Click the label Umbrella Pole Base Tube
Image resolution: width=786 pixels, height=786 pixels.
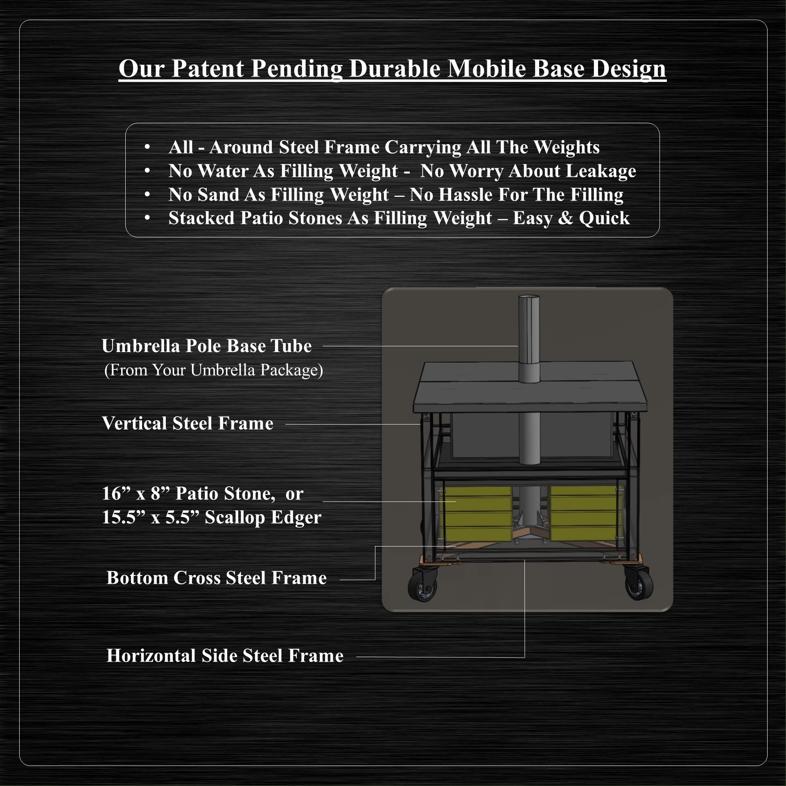pyautogui.click(x=207, y=346)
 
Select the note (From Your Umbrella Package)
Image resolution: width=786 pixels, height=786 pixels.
pyautogui.click(x=214, y=370)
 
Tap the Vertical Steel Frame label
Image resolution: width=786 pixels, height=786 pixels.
pyautogui.click(x=187, y=423)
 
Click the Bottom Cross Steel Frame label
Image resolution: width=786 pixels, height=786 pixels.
pyautogui.click(x=217, y=578)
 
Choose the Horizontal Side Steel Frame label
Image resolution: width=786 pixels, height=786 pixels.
pyautogui.click(x=225, y=655)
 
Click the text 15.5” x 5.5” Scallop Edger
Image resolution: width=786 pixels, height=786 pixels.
pyautogui.click(x=212, y=517)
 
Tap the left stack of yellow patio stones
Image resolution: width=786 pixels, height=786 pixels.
pyautogui.click(x=476, y=513)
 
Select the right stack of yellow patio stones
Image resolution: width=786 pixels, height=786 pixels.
pyautogui.click(x=583, y=513)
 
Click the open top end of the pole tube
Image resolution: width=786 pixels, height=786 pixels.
pyautogui.click(x=529, y=298)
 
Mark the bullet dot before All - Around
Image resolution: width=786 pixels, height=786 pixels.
pyautogui.click(x=147, y=147)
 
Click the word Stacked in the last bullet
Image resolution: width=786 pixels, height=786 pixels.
pyautogui.click(x=201, y=218)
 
